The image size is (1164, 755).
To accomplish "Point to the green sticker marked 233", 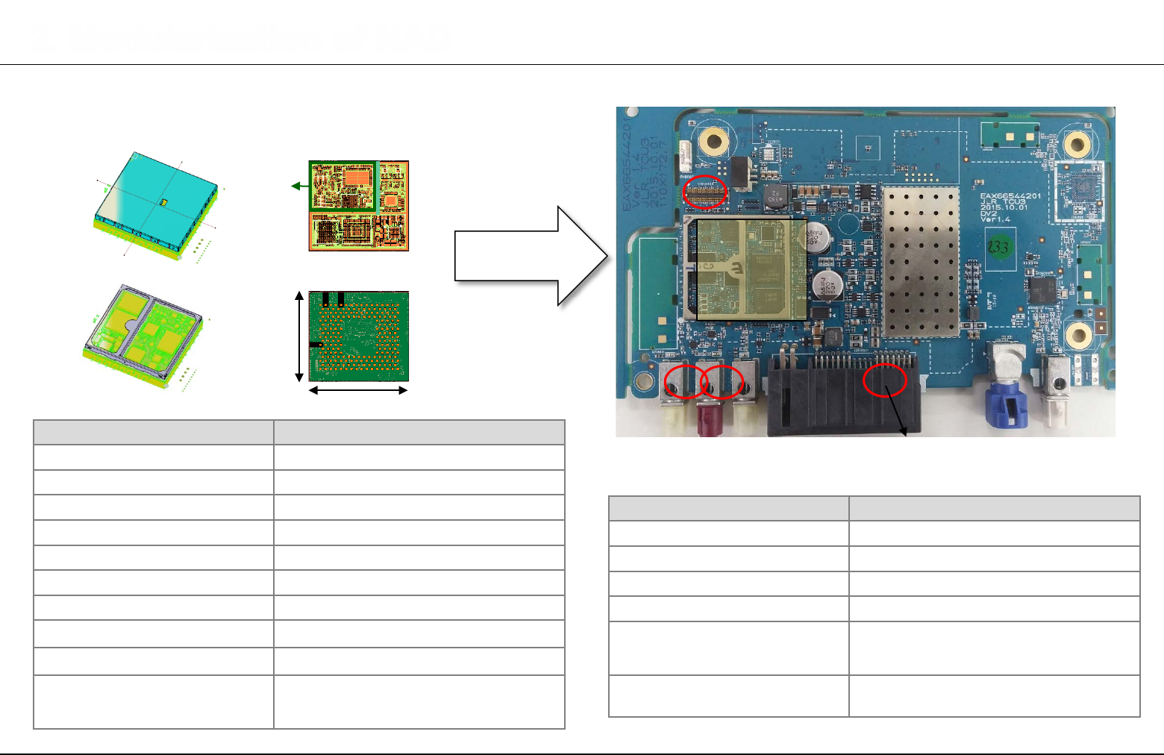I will pyautogui.click(x=998, y=245).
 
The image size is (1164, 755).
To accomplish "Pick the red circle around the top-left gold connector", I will pyautogui.click(x=705, y=192).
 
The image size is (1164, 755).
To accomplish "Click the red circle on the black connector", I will pyautogui.click(x=885, y=380).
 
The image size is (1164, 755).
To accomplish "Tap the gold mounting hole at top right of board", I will pyautogui.click(x=1077, y=142).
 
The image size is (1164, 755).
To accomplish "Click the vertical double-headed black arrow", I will pyautogui.click(x=300, y=336).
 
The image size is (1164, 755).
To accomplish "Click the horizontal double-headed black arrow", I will pyautogui.click(x=358, y=390).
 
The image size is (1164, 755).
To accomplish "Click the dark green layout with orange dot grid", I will pyautogui.click(x=359, y=336).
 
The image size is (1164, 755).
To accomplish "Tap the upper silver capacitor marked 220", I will pyautogui.click(x=813, y=237).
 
